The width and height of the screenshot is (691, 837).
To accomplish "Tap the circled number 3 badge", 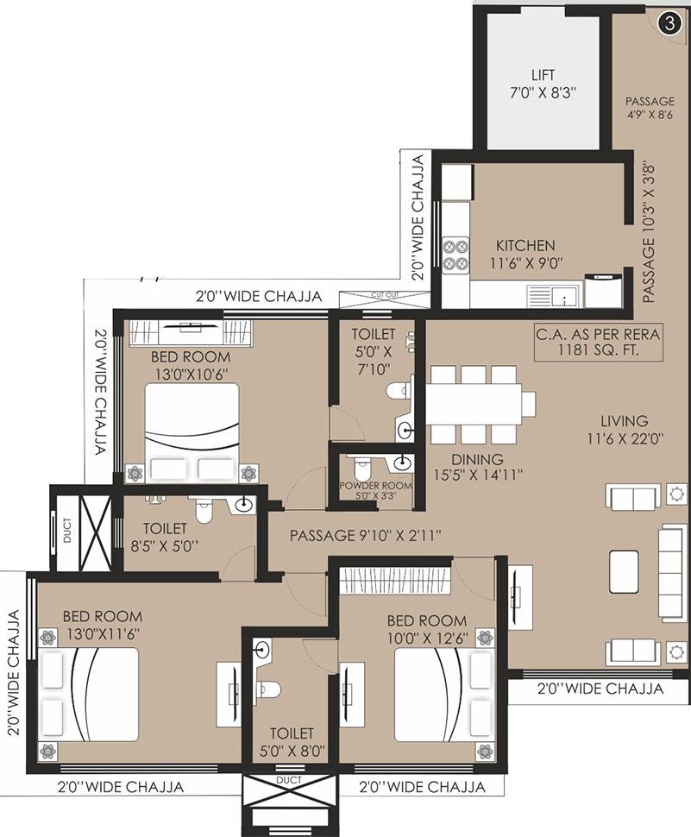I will [667, 23].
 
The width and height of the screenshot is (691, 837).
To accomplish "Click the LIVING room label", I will [625, 421].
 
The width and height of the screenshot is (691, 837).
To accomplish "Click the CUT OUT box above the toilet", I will [377, 299].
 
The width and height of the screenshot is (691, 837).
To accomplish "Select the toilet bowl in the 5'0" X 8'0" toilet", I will [270, 688].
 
